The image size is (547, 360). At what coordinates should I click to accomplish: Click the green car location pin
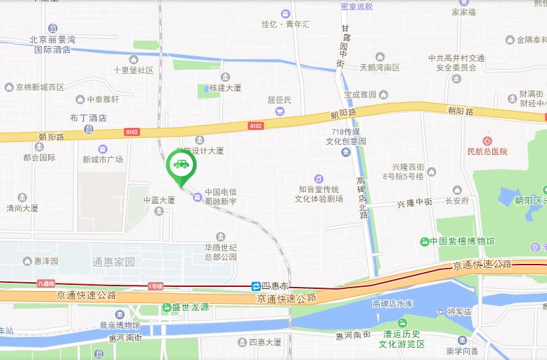(181, 165)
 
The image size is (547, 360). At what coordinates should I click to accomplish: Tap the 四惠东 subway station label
(276, 286)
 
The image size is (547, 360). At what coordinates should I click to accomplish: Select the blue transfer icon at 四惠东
(257, 286)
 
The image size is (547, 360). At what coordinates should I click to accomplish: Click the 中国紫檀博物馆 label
(467, 242)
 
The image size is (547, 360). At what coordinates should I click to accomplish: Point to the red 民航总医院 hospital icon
(486, 141)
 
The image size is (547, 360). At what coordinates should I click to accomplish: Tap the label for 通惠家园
(113, 261)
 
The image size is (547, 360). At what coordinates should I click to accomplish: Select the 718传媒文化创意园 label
(349, 137)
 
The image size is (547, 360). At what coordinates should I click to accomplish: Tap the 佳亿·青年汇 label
(285, 24)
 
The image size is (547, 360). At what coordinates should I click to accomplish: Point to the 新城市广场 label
(103, 160)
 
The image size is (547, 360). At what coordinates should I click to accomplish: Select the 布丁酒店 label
(89, 117)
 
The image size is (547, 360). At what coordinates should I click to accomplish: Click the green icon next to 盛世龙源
(166, 307)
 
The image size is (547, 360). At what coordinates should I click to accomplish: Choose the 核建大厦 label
(225, 88)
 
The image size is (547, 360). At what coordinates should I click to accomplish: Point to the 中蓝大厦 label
(159, 200)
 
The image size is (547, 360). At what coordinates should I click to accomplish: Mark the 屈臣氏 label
(280, 100)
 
